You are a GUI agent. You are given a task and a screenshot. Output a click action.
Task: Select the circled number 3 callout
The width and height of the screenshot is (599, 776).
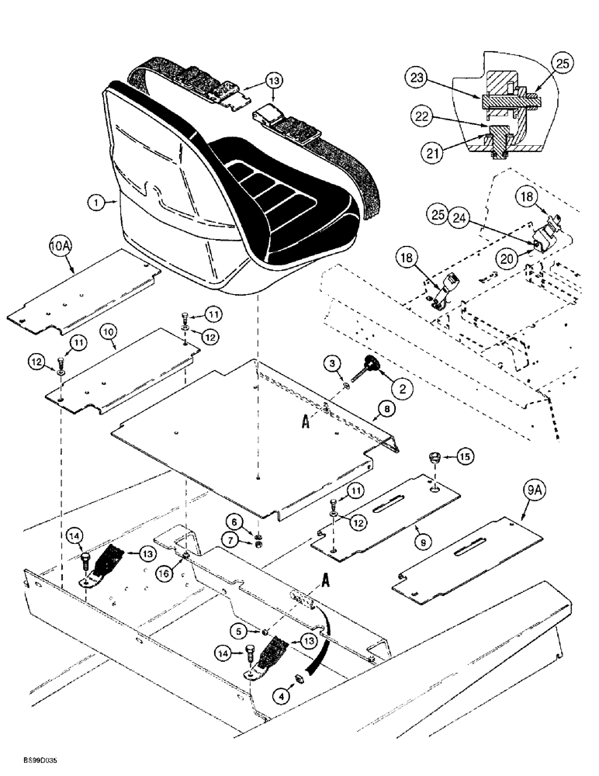coord(331,364)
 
